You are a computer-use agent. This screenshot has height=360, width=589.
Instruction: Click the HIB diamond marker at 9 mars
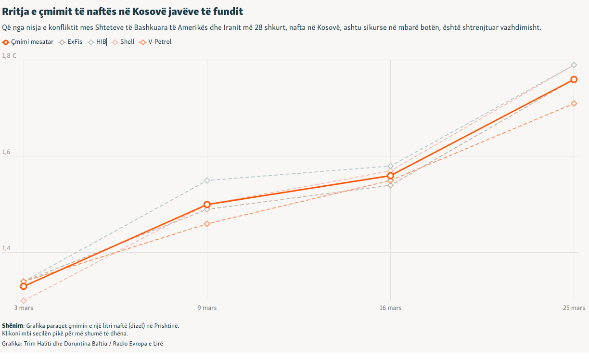tap(207, 180)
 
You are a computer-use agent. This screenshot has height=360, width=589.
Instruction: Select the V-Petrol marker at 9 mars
tap(207, 224)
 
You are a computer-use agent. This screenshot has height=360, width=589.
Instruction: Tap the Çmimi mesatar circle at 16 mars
tap(390, 176)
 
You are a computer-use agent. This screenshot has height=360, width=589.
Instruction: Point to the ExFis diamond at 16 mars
tap(390, 185)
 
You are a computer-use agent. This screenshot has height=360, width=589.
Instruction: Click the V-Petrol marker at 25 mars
tap(574, 103)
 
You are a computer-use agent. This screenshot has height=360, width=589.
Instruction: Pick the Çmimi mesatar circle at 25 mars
tap(574, 79)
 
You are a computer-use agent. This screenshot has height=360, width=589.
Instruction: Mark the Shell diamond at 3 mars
tap(24, 301)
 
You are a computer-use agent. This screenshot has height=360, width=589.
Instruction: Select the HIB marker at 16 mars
tap(390, 166)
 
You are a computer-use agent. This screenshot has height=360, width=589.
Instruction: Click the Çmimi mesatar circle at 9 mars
tap(207, 205)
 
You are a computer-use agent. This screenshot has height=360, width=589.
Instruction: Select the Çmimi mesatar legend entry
tap(29, 42)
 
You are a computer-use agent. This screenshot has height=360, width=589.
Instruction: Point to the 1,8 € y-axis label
tap(9, 56)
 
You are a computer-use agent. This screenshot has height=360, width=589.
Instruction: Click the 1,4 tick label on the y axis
tap(6, 248)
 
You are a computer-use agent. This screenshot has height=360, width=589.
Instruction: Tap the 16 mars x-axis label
tap(390, 308)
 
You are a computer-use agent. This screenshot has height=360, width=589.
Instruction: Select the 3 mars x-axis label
tap(24, 308)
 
